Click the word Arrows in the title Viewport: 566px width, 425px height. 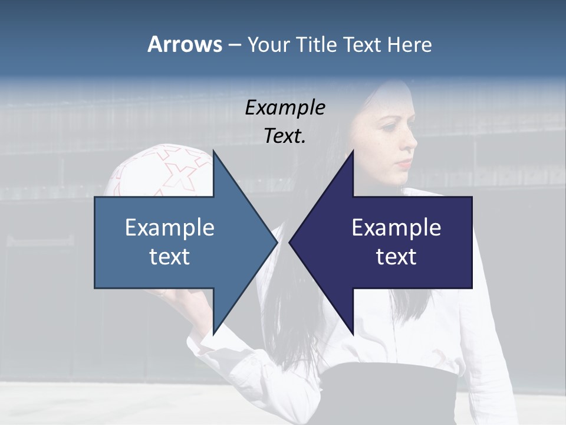(x=184, y=44)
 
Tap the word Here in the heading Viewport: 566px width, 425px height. (x=409, y=44)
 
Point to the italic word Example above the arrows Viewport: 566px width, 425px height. (x=285, y=108)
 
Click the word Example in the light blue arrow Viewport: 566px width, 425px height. (x=170, y=227)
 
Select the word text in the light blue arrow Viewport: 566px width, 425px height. (x=170, y=257)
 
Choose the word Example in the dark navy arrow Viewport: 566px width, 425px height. (x=396, y=227)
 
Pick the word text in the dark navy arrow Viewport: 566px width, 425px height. (x=396, y=257)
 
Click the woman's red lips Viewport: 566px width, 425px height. (x=404, y=163)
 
